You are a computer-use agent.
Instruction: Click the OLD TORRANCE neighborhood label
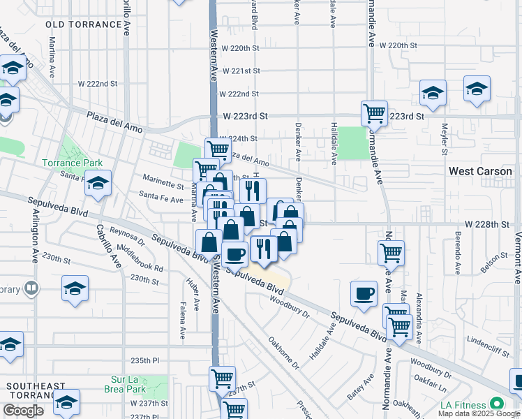click(84, 24)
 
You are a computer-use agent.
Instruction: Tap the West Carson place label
click(480, 171)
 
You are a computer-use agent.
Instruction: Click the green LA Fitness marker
click(497, 404)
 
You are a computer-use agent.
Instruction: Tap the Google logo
click(23, 411)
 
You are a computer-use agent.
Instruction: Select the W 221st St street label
click(240, 71)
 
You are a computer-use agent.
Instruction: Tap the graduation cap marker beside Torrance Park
click(98, 183)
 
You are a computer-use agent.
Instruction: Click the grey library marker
click(31, 288)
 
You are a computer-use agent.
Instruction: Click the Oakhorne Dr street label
click(283, 354)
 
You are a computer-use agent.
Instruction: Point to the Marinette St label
click(163, 181)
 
